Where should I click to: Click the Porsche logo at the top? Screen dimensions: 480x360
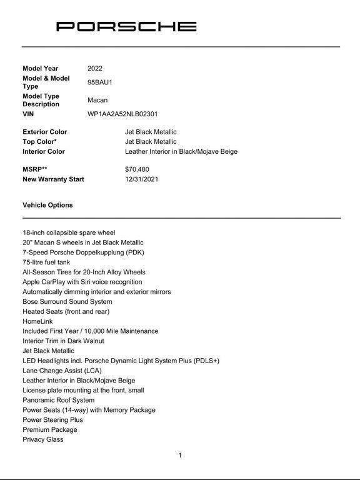pos(126,26)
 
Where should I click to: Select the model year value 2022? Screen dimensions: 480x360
pos(95,69)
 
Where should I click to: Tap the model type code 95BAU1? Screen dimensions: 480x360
pos(100,82)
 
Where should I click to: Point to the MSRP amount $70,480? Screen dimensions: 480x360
pos(137,169)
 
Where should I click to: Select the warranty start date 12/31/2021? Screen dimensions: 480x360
pos(141,179)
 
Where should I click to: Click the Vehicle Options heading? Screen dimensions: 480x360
pos(47,205)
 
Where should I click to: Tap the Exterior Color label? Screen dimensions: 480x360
pos(45,132)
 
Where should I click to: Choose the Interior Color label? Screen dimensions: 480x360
pos(44,152)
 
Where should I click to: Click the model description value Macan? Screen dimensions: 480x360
pos(97,100)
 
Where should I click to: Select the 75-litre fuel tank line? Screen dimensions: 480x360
pos(46,262)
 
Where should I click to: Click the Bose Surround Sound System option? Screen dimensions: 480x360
pos(67,302)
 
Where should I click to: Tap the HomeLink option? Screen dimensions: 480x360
pos(37,321)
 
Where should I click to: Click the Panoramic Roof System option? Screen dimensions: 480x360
pos(59,400)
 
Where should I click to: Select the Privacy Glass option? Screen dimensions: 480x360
pos(43,439)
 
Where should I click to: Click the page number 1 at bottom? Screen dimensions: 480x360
pos(180,456)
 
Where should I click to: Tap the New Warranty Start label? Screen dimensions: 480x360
pos(53,179)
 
